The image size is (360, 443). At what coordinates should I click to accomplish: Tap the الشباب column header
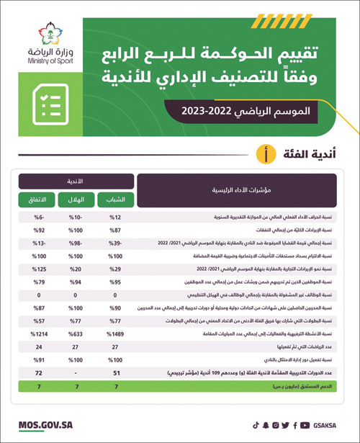[x=116, y=198]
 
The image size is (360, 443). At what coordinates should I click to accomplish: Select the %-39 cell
[x=116, y=243]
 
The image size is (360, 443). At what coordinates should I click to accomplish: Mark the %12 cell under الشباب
[x=116, y=216]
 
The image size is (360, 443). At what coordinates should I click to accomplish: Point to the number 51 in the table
[x=116, y=372]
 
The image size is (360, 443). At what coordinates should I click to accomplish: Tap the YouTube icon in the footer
[x=305, y=425]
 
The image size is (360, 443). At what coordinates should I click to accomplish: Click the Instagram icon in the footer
[x=276, y=425]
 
